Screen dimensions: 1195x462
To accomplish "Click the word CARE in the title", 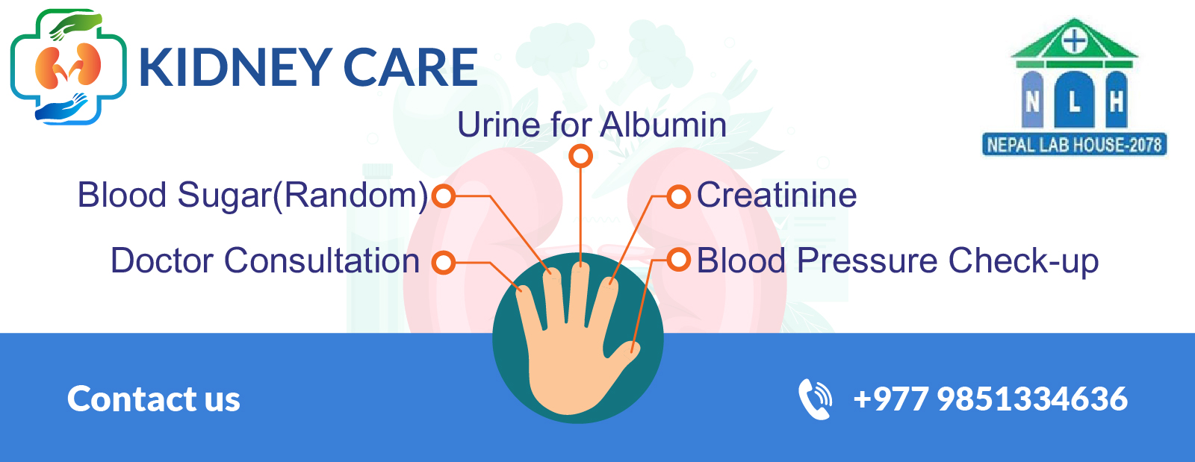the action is (411, 67).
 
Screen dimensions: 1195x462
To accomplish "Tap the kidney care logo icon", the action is (68, 67).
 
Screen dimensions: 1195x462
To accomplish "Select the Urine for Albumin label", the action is (592, 125).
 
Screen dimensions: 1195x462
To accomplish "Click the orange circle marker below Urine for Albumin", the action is (580, 157).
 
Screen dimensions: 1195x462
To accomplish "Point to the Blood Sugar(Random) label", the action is (253, 195).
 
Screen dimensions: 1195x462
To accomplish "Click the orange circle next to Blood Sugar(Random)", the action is (444, 196).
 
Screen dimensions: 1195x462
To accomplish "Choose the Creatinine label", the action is (777, 195).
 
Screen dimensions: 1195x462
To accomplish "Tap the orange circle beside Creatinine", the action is (679, 196).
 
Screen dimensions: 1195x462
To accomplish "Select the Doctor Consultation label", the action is (265, 260).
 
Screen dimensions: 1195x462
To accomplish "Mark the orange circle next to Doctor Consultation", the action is (444, 263).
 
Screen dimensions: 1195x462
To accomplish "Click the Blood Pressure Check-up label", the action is (898, 261).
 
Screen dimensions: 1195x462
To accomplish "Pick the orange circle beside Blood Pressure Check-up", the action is (679, 260).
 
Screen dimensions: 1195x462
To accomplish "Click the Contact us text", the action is (154, 399).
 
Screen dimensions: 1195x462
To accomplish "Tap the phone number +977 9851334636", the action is (990, 399).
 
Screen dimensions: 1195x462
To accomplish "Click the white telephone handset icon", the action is (815, 399).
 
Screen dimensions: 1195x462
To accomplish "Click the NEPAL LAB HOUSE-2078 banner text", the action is (1075, 145).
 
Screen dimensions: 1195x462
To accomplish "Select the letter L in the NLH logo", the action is (1075, 102).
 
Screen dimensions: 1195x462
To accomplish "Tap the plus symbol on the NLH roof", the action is (1075, 41).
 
